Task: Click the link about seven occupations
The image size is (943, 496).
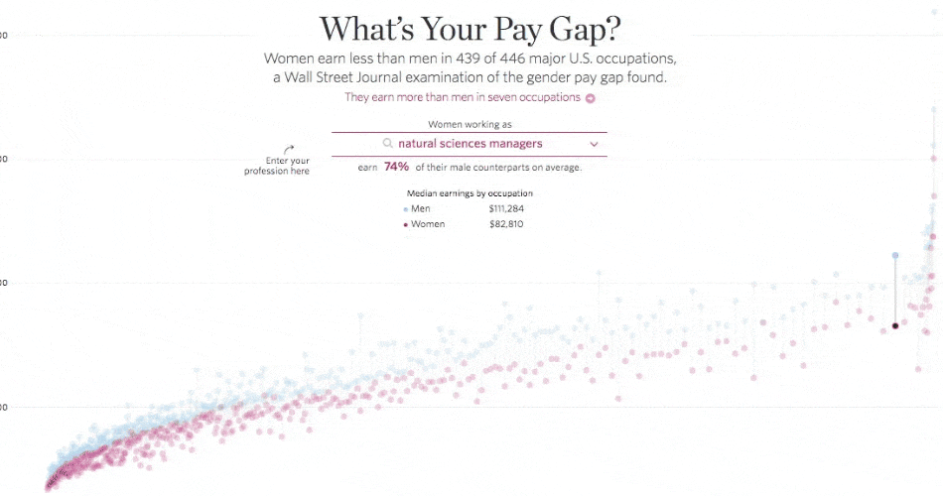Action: [x=463, y=97]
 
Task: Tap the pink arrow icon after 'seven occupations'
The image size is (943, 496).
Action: [x=590, y=98]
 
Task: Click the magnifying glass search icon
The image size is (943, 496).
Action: [x=388, y=144]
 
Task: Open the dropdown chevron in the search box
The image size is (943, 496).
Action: [x=594, y=144]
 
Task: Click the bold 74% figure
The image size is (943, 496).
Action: [x=397, y=168]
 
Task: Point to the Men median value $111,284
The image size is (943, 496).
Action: [x=506, y=208]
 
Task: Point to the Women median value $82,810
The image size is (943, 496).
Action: [x=505, y=224]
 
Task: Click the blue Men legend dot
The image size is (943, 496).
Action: [x=405, y=209]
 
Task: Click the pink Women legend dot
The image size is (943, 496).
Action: [x=405, y=225]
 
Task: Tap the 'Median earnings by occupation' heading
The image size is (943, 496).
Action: [x=470, y=192]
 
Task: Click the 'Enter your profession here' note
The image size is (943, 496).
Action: [x=277, y=166]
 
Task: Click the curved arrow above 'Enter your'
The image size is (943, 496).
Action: [x=289, y=149]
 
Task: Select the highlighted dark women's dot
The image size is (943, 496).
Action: [x=894, y=325]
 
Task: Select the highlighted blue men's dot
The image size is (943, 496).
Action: [x=894, y=256]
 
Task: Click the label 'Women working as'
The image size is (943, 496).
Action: [x=470, y=124]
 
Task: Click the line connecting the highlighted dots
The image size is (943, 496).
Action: [x=894, y=291]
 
